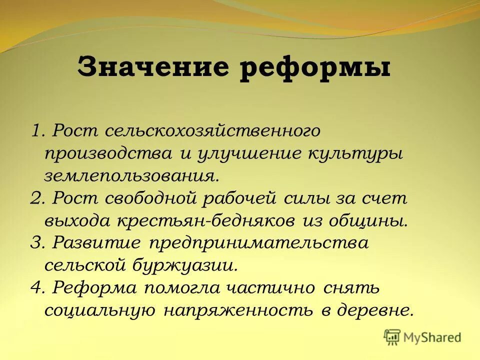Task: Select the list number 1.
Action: click(36, 131)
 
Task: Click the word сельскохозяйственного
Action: click(212, 131)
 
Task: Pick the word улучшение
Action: click(244, 153)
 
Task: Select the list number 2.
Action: click(36, 198)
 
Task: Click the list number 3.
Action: click(36, 243)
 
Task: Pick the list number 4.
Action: click(36, 288)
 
